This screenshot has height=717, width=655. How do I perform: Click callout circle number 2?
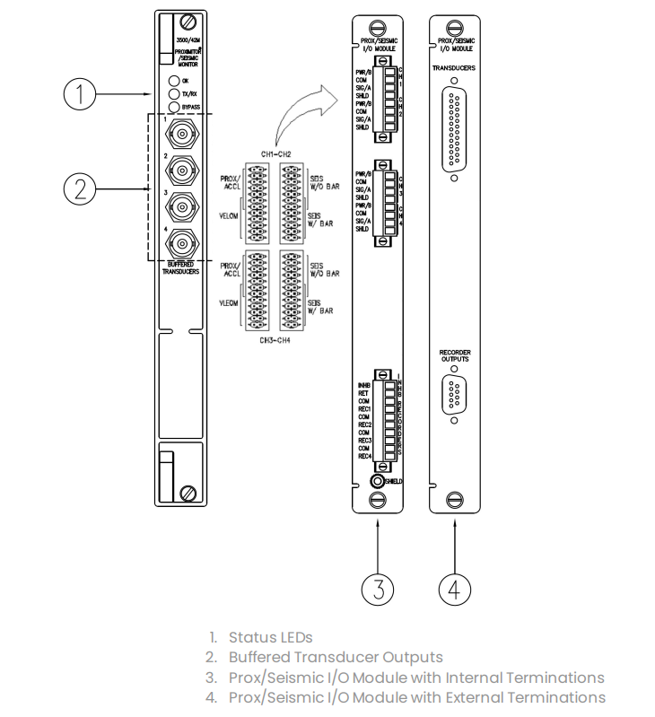click(x=81, y=188)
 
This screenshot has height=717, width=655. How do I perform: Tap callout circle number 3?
click(x=379, y=589)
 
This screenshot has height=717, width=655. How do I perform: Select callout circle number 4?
click(x=455, y=589)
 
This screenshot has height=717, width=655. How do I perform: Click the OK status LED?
click(x=172, y=81)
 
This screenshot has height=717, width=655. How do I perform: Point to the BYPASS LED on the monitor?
click(x=172, y=107)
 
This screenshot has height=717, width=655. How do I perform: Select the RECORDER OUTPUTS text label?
click(x=455, y=356)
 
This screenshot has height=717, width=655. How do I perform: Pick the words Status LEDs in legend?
click(x=270, y=637)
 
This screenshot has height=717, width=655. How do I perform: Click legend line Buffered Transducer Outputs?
click(x=336, y=657)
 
